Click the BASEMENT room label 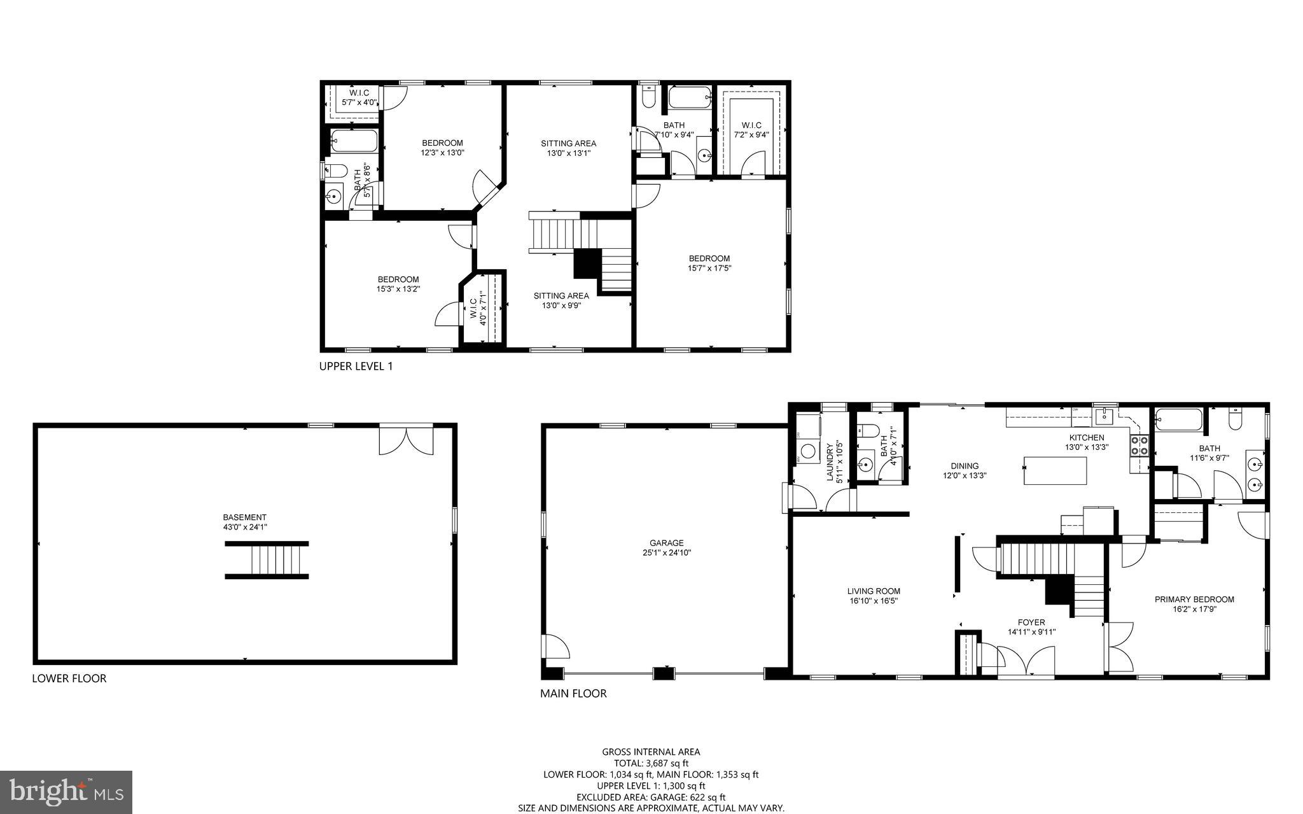click(x=244, y=522)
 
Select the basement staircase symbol click(x=267, y=560)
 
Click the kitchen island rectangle click(x=1054, y=471)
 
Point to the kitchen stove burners click(x=1139, y=446)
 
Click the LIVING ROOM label click(x=874, y=596)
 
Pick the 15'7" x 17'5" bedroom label click(x=709, y=263)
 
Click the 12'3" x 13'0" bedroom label click(x=442, y=148)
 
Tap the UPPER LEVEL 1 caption click(x=356, y=367)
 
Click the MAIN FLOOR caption click(x=573, y=694)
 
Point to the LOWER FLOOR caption click(x=69, y=678)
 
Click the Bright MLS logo click(x=66, y=792)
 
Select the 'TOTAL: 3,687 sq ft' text click(x=651, y=763)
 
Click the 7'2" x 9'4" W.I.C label click(x=751, y=130)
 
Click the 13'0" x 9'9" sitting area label click(x=561, y=300)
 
